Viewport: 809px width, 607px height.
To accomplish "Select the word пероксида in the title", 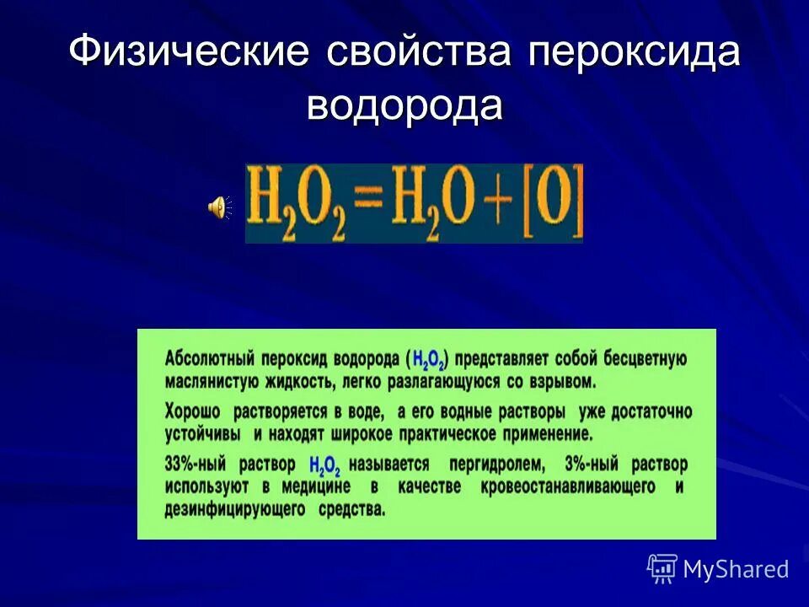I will [634, 52].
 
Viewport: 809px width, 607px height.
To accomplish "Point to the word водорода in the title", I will [404, 106].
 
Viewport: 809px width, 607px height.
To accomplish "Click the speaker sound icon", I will [217, 206].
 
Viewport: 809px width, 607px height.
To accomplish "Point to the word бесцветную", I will [642, 358].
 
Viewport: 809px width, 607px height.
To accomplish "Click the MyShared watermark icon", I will [662, 569].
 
